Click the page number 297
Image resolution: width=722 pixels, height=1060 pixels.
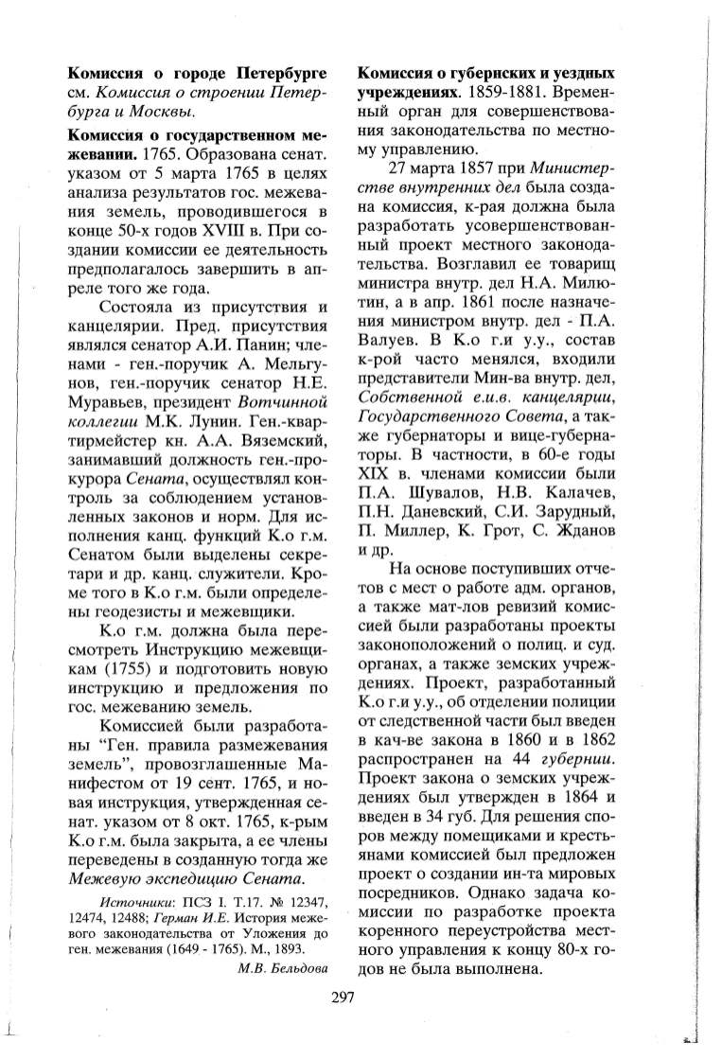pyautogui.click(x=342, y=995)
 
